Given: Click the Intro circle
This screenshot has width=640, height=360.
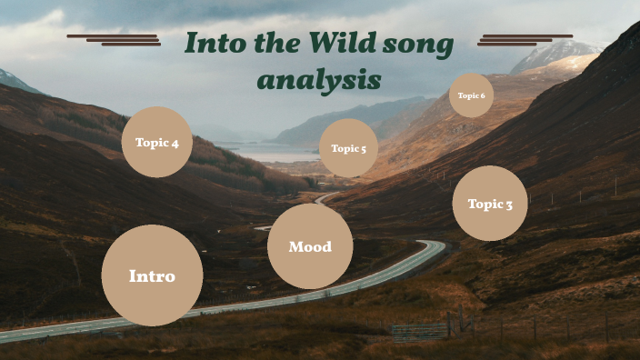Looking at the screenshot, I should pos(152,275).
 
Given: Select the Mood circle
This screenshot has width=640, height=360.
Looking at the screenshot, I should pos(310,246).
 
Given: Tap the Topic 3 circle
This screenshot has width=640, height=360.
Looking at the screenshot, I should pos(490,204).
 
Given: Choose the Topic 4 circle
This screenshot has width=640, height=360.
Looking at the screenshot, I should pos(157,142).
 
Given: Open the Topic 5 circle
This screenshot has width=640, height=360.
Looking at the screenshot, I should pos(348,148).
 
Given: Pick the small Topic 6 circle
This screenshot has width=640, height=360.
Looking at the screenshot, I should pos(471,95).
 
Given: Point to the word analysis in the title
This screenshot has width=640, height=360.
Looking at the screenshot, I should pos(319,80).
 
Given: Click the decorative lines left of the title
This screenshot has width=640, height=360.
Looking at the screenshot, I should pos(115,39).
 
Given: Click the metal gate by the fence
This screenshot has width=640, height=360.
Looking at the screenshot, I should pos(420,330).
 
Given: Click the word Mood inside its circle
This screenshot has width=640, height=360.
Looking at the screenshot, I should pos(310,246).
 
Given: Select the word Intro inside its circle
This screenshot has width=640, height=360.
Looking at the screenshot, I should pos(152,275).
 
